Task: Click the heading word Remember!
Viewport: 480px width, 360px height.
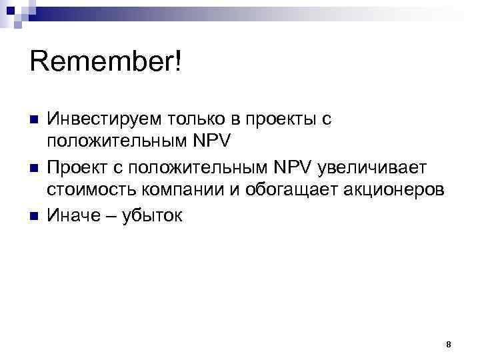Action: [106, 64]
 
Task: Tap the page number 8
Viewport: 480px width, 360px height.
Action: [448, 345]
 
